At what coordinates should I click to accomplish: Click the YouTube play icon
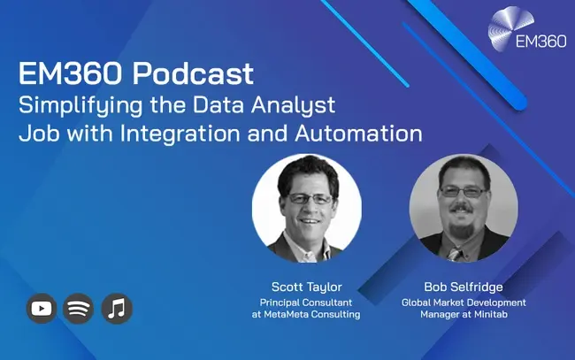42,309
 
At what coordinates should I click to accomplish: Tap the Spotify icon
78,309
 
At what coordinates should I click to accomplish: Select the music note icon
117,309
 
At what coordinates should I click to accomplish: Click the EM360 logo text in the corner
540,41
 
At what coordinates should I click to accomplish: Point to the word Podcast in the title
193,73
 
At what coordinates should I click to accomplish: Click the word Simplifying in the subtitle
80,105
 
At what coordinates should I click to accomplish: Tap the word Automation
358,134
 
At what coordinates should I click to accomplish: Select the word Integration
180,134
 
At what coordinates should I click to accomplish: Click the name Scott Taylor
307,287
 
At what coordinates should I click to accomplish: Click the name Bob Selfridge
464,287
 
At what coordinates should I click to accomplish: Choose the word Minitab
491,314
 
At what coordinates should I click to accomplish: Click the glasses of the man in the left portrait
310,198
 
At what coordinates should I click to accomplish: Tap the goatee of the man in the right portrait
461,230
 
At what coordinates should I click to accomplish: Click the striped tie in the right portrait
455,254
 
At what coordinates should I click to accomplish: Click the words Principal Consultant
306,303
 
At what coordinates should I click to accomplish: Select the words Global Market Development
464,303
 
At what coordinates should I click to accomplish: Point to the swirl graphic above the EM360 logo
510,27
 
